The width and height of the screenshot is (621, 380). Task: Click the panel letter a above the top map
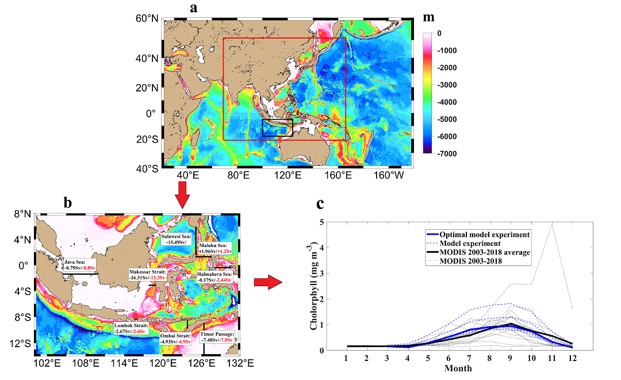(x=194, y=8)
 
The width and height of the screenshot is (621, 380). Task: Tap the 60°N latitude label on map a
(x=146, y=19)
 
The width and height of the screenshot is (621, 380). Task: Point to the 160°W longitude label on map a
(x=393, y=176)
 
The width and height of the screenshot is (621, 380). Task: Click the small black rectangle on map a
(x=277, y=127)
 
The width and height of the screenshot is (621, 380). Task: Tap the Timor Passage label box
(x=217, y=337)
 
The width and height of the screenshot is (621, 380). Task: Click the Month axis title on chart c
(x=458, y=368)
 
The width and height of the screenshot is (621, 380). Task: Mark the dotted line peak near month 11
(x=552, y=225)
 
